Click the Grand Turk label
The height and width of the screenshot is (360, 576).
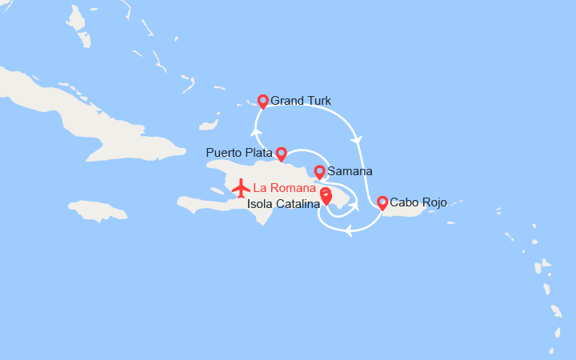(300, 101)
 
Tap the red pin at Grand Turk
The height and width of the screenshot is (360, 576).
(262, 101)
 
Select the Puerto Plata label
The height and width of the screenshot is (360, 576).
(238, 152)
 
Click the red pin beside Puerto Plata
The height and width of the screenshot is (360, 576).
(281, 152)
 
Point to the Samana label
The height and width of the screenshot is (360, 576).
(350, 171)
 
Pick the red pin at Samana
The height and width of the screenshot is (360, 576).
(319, 171)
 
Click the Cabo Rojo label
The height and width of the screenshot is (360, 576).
(418, 202)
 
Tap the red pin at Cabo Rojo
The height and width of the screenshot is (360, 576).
(382, 202)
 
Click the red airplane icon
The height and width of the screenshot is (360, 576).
(241, 189)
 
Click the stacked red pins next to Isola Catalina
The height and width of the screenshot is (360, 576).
(326, 197)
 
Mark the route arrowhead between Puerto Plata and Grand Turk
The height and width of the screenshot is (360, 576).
(256, 132)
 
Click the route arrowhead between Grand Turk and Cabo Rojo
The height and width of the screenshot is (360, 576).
(357, 140)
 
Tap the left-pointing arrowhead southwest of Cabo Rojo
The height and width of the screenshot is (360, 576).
(349, 232)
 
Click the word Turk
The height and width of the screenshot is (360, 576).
(318, 101)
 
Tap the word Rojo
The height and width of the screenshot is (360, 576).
(433, 202)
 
